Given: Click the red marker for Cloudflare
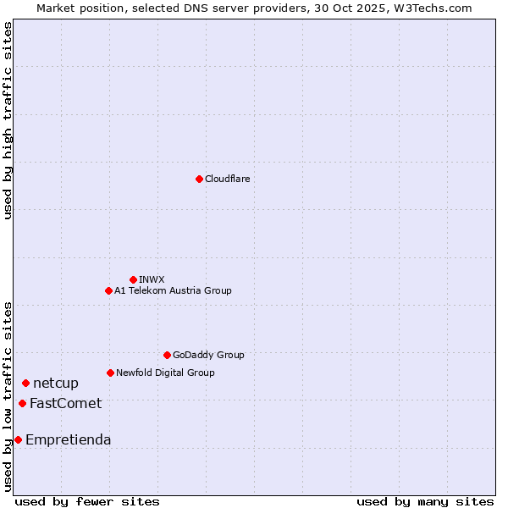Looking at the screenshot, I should pyautogui.click(x=199, y=179).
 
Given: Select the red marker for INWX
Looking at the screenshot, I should pyautogui.click(x=133, y=279).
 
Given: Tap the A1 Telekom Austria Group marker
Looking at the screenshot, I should pyautogui.click(x=108, y=290).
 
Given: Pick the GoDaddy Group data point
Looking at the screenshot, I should pyautogui.click(x=167, y=355).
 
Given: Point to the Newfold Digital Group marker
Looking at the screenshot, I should pyautogui.click(x=110, y=373).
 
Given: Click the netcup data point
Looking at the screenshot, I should pyautogui.click(x=25, y=384).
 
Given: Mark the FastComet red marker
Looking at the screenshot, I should pyautogui.click(x=22, y=403).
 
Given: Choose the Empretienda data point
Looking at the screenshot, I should pyautogui.click(x=18, y=439).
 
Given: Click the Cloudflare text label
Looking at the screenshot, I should pyautogui.click(x=227, y=179).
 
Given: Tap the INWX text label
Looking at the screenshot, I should pyautogui.click(x=152, y=279).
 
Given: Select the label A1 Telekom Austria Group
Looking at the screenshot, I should pyautogui.click(x=173, y=290).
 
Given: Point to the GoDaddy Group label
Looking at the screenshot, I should pyautogui.click(x=208, y=355).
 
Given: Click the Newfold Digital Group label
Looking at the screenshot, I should pyautogui.click(x=165, y=373).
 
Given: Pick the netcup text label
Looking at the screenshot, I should pyautogui.click(x=56, y=384).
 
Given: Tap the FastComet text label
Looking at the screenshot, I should pyautogui.click(x=65, y=403).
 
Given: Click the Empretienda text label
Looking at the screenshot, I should pyautogui.click(x=68, y=439).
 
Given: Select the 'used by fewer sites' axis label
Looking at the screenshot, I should pyautogui.click(x=87, y=501).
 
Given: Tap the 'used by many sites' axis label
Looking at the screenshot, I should pyautogui.click(x=425, y=501).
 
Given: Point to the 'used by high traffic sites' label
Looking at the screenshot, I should pyautogui.click(x=8, y=121).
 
